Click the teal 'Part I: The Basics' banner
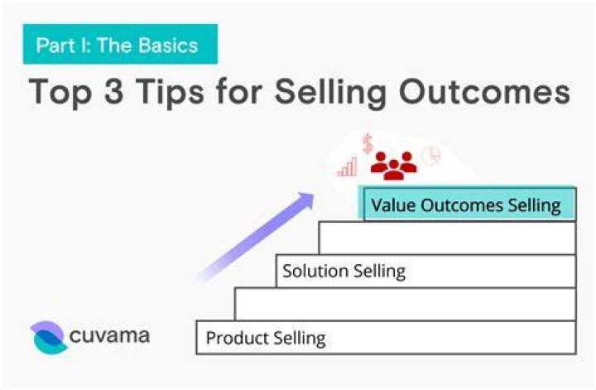pos(120,44)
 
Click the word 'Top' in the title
pos(60,92)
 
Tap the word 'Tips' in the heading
pos(171,92)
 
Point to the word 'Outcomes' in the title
pos(484,91)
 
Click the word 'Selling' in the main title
pos(330,93)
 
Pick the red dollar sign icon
pos(368,143)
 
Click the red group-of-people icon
pos(394,166)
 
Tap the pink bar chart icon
pos(348,167)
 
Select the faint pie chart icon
pos(432,156)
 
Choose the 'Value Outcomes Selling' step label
pos(466,205)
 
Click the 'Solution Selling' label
pos(344,272)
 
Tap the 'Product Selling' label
pos(266,338)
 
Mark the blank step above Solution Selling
pos(447,238)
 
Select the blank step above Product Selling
pos(406,304)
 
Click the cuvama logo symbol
pos(49,337)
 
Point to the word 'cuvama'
pos(109,336)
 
